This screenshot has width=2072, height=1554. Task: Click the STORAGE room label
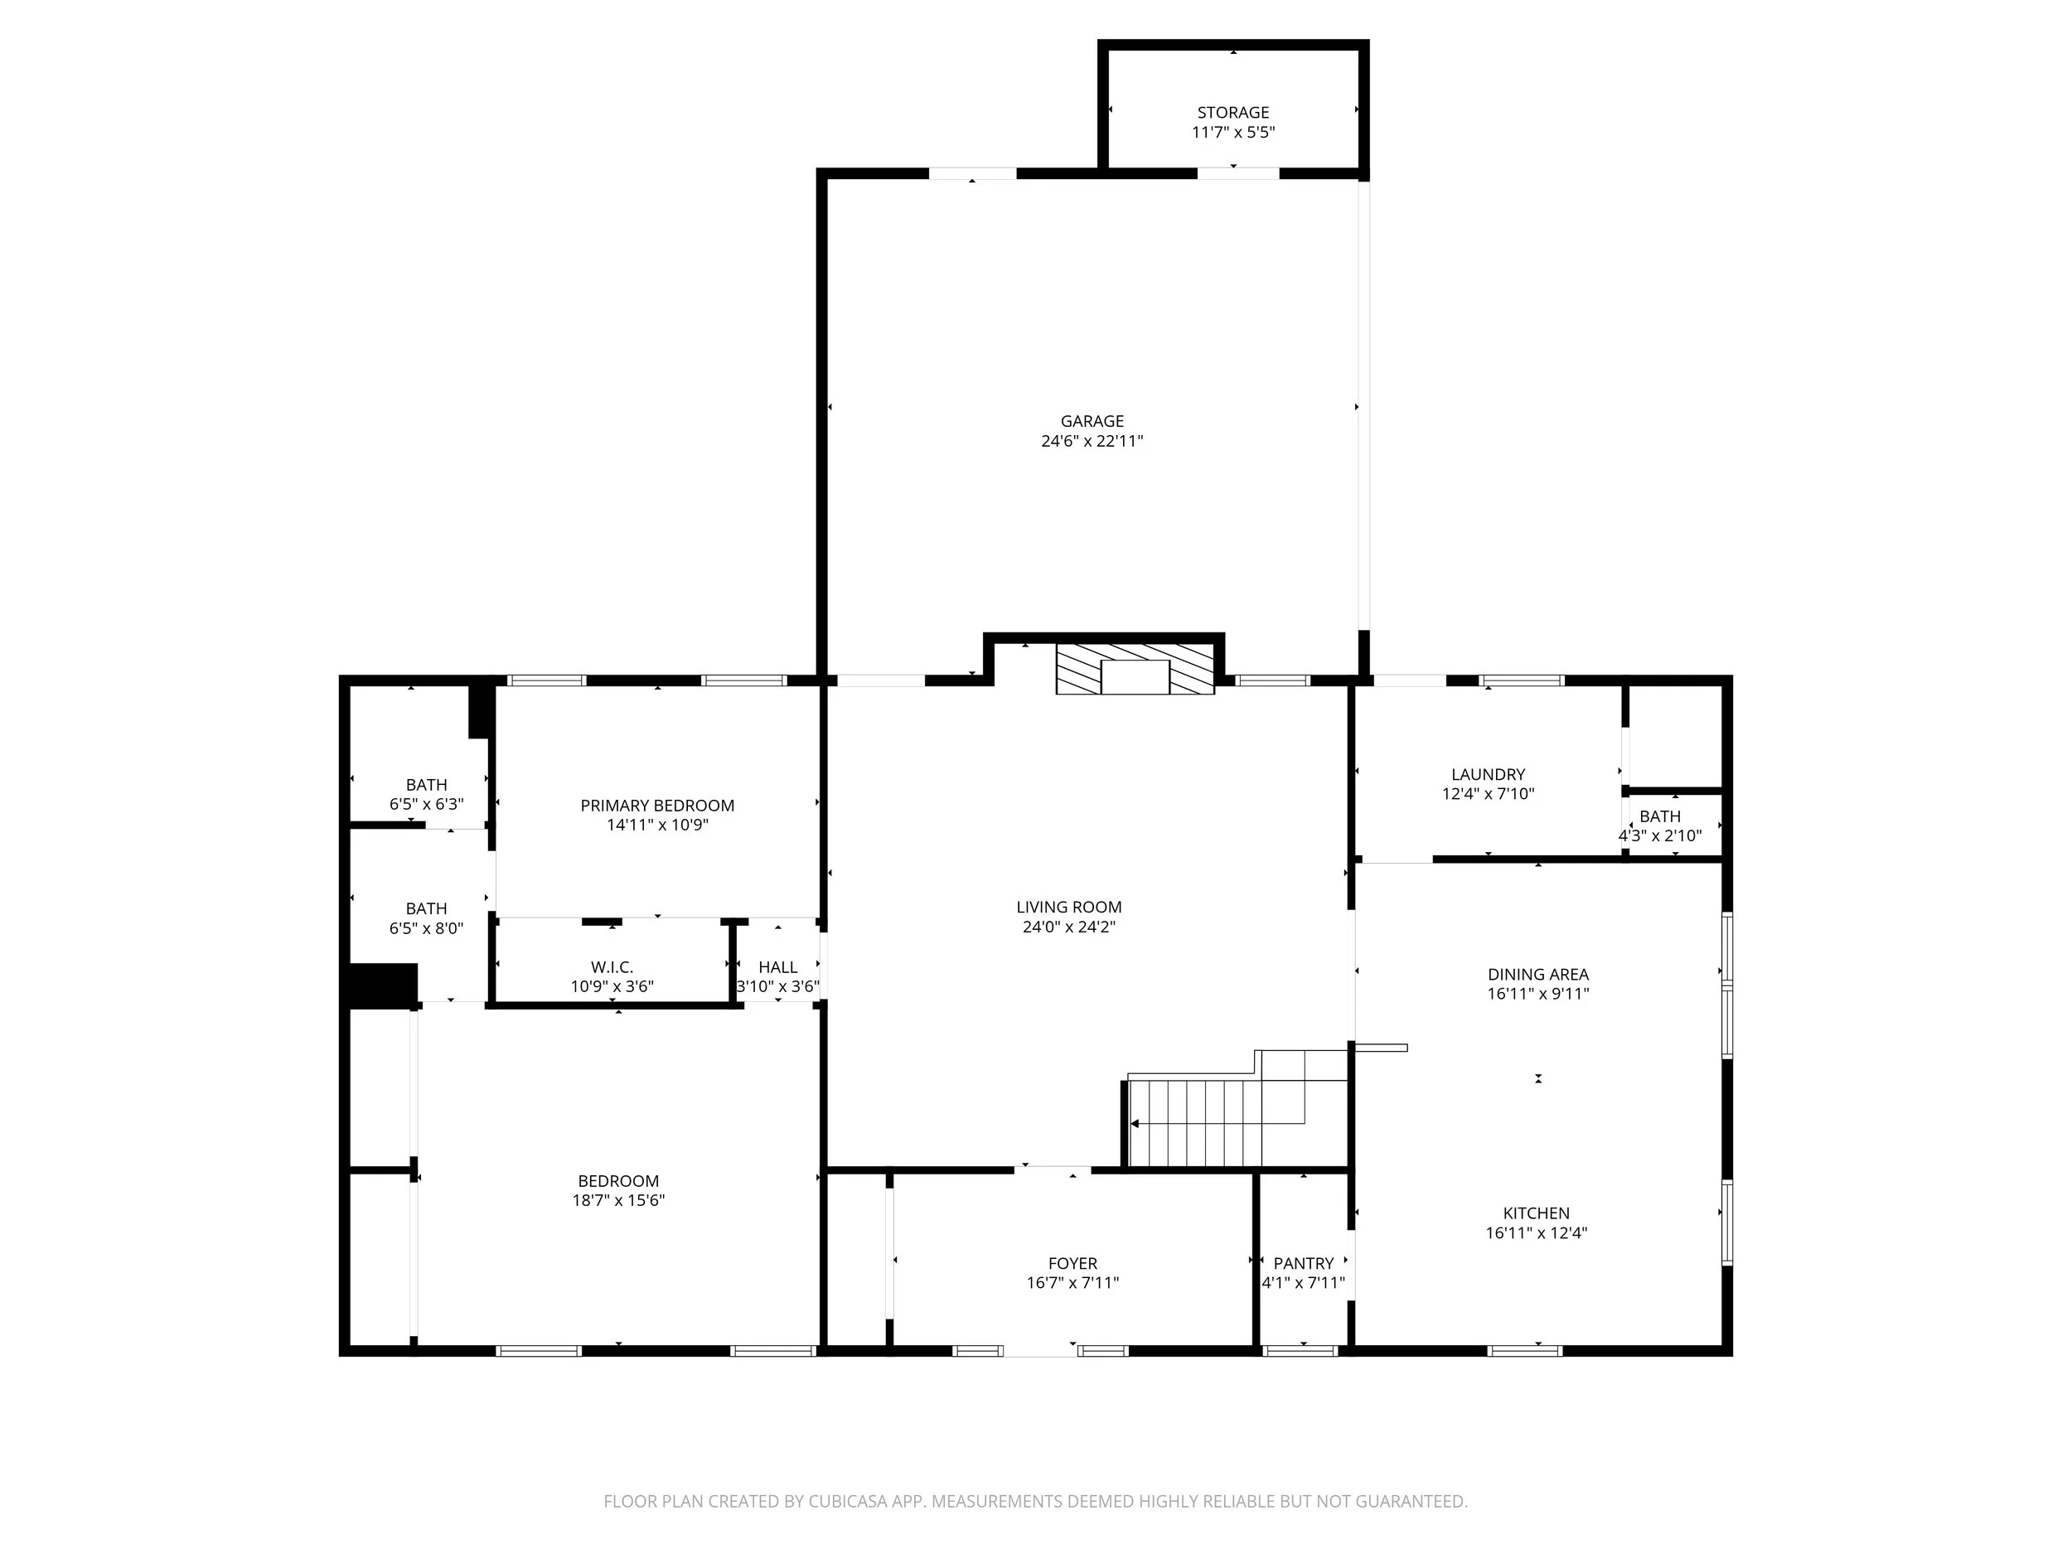1232,113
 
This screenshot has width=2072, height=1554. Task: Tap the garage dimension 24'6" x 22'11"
1092,441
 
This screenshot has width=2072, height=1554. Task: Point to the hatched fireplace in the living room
1135,668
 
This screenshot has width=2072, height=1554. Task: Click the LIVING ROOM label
1069,907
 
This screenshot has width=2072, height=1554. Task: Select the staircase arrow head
1135,1123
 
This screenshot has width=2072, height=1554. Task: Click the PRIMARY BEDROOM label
656,806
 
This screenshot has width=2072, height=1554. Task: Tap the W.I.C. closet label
612,966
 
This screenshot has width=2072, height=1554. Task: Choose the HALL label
777,966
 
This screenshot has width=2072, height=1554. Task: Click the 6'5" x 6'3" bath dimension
426,805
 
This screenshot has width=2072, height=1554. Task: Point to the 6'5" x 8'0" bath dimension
426,928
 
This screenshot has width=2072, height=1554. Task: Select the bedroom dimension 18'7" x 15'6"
618,1201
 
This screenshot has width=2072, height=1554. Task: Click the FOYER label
1072,1264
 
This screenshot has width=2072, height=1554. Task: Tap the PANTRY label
1303,1264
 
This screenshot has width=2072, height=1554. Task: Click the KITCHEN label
1537,1213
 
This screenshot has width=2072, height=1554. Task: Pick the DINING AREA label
1538,974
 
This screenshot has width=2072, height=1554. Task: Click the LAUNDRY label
1488,775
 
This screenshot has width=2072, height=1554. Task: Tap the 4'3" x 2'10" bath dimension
1660,835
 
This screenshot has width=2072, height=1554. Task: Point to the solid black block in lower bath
383,985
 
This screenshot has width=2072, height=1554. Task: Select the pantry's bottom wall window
1300,1351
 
